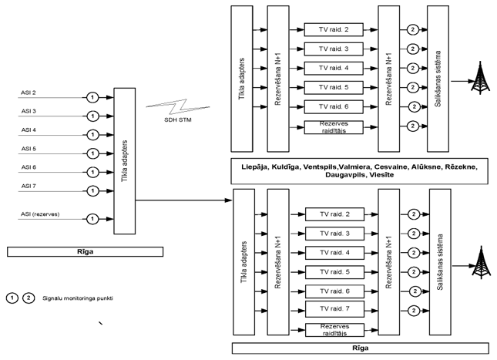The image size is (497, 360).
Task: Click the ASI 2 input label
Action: (x=28, y=93)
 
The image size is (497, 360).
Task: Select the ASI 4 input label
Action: (x=28, y=130)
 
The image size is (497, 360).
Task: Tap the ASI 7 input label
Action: (x=28, y=186)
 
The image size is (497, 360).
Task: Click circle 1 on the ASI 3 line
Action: (x=91, y=116)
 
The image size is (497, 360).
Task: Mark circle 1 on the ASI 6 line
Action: (x=91, y=172)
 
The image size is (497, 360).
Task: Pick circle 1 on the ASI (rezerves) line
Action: (x=91, y=217)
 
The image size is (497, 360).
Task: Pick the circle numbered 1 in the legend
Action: (x=13, y=298)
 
